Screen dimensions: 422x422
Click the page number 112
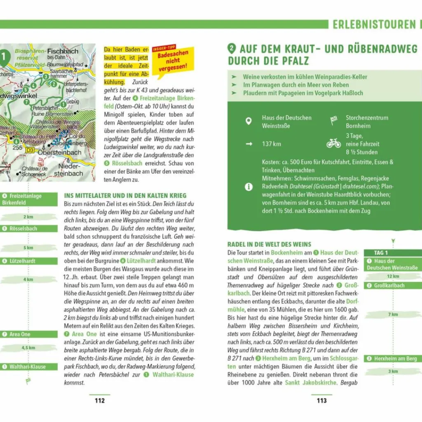[100, 400]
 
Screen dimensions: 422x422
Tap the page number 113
[321, 400]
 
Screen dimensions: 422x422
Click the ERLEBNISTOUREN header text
[374, 25]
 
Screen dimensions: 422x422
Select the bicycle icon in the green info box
[333, 143]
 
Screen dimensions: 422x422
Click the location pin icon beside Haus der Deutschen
[248, 121]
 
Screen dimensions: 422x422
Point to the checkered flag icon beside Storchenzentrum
[333, 121]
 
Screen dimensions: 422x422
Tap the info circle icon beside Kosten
[248, 187]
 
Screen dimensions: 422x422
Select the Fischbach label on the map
[63, 52]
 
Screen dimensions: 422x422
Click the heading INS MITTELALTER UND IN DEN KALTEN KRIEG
[125, 196]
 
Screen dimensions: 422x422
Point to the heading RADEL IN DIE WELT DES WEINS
[270, 244]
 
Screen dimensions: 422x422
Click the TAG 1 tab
[381, 253]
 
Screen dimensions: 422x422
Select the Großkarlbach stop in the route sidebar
[389, 286]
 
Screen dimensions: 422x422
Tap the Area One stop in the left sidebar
[20, 334]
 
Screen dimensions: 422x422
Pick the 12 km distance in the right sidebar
[393, 277]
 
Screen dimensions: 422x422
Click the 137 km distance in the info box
[271, 144]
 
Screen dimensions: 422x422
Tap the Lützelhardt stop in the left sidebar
[22, 261]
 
